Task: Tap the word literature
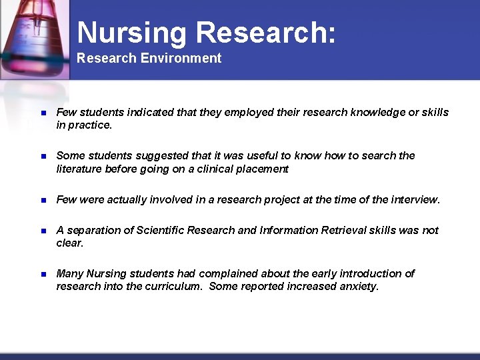(79, 169)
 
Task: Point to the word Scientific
(160, 230)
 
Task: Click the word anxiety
(358, 286)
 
